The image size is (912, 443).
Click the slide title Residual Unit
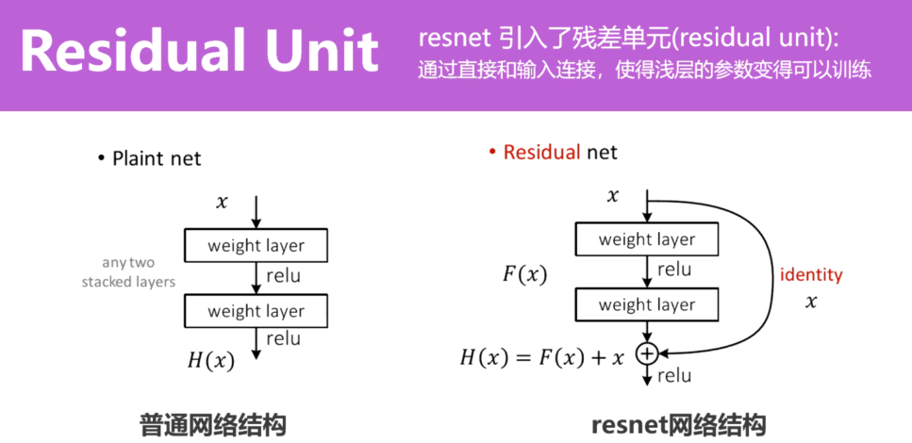[199, 53]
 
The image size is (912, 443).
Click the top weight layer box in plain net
[256, 246]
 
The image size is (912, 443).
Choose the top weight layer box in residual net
[646, 239]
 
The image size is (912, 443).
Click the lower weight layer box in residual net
[646, 304]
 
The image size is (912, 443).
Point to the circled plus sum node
[646, 353]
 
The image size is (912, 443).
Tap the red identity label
[810, 275]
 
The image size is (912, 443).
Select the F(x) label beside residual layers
[524, 275]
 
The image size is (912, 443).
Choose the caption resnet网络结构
[678, 423]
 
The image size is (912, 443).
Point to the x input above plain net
[223, 202]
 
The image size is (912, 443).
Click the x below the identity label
[810, 302]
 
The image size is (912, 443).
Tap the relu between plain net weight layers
[283, 275]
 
